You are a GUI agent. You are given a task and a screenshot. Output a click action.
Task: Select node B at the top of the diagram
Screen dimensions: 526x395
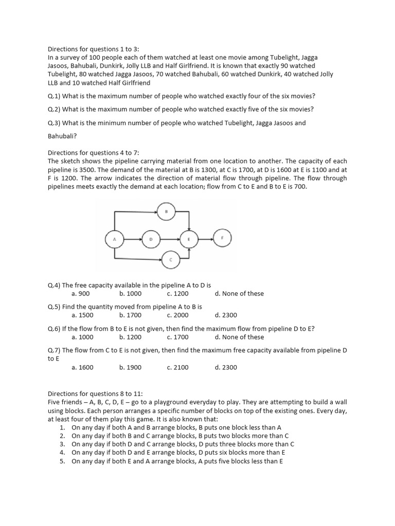point(166,211)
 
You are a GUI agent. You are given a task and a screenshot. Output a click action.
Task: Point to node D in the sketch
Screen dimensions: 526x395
point(151,239)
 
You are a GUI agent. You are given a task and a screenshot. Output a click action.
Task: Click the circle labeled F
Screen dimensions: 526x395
point(222,238)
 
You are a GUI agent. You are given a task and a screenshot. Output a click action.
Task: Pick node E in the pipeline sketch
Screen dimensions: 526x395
point(189,239)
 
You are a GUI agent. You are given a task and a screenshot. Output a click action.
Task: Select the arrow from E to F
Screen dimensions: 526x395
point(205,239)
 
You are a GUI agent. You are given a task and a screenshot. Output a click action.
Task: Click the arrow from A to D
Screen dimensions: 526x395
point(133,239)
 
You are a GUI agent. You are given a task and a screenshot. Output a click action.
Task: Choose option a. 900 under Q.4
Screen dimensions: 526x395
point(81,294)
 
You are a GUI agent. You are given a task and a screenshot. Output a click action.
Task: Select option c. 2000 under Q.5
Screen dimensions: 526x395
point(177,315)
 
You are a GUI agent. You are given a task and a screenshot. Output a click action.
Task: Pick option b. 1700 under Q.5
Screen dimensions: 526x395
point(130,315)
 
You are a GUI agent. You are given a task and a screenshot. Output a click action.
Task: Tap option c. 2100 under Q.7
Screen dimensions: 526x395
point(177,368)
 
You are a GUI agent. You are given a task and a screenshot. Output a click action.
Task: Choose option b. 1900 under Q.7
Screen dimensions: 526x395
point(130,368)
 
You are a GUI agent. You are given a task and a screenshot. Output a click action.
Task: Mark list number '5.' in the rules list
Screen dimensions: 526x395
point(62,461)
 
